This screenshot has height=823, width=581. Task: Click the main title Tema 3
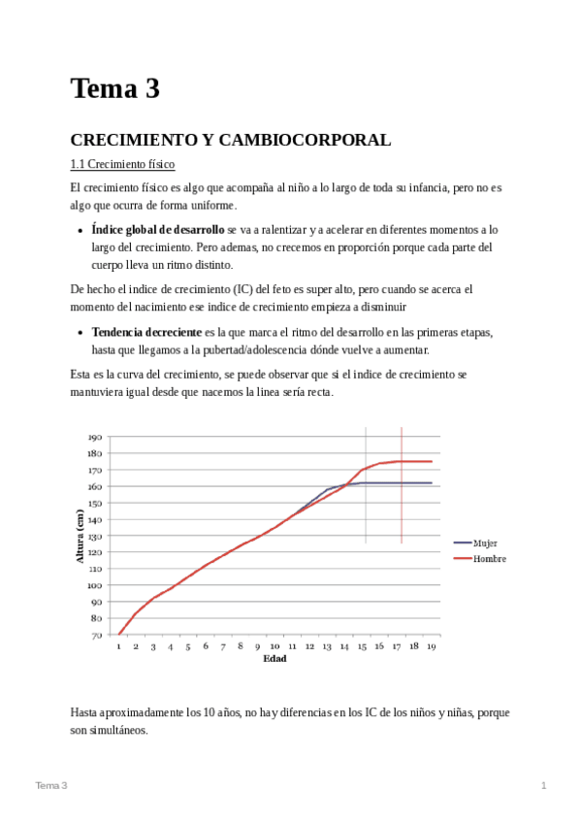[x=114, y=89]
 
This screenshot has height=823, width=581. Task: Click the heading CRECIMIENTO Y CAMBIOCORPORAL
[x=231, y=140]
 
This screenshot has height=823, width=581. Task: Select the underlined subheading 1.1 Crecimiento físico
[x=122, y=164]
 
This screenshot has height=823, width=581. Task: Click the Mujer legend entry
[x=484, y=543]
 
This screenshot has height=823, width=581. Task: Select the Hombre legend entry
[x=489, y=559]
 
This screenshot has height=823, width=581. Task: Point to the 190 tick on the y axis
[x=95, y=437]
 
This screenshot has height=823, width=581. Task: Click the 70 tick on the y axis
[x=97, y=635]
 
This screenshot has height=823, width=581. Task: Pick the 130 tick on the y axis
[x=95, y=536]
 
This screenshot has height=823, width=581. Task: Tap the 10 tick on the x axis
[x=275, y=646]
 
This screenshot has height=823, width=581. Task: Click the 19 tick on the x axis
[x=432, y=646]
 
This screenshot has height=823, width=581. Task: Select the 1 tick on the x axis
[x=118, y=646]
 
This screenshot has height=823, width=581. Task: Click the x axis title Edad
[x=274, y=659]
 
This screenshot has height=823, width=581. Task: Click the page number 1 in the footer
[x=544, y=784]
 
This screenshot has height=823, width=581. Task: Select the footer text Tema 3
[x=51, y=784]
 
